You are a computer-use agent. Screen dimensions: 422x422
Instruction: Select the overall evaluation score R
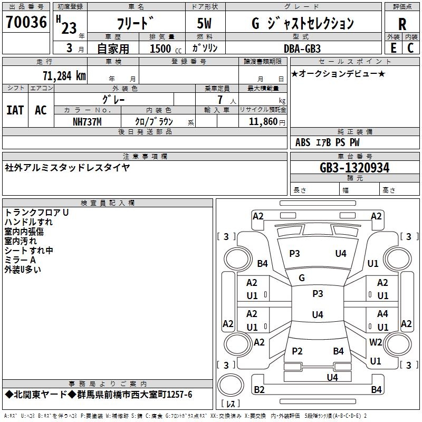402,24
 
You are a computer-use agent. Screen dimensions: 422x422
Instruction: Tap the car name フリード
136,24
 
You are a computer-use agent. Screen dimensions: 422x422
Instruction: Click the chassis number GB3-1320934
354,168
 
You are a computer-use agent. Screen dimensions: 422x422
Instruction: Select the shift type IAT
15,110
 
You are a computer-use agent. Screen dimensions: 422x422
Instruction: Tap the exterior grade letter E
393,48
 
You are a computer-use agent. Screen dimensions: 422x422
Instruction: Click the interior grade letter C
410,48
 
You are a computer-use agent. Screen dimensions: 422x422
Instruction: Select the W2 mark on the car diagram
376,342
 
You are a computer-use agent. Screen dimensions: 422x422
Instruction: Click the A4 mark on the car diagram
382,314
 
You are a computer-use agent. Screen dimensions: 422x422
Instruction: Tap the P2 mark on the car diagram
297,351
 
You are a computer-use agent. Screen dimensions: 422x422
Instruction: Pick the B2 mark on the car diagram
259,390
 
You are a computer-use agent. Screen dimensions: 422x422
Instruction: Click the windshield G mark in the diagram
302,277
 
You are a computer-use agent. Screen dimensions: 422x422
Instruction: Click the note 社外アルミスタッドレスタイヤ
67,168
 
